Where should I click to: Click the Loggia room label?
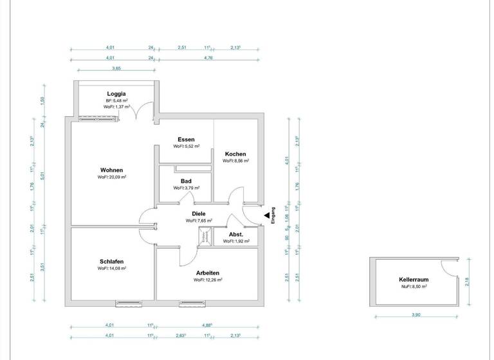pos(116,94)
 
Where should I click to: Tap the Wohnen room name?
pos(111,170)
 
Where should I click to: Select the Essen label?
pos(186,139)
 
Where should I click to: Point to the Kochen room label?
pos(235,154)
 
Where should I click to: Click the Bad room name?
pos(186,181)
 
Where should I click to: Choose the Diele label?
pos(199,213)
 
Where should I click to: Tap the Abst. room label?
pos(235,235)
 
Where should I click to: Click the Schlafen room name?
pos(111,262)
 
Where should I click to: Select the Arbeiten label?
pos(208,273)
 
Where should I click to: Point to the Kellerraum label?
pos(413,280)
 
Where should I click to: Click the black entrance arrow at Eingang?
pos(266,215)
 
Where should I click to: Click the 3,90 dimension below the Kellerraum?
pos(416,315)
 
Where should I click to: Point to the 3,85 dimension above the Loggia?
pos(116,68)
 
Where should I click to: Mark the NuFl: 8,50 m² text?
pos(413,287)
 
